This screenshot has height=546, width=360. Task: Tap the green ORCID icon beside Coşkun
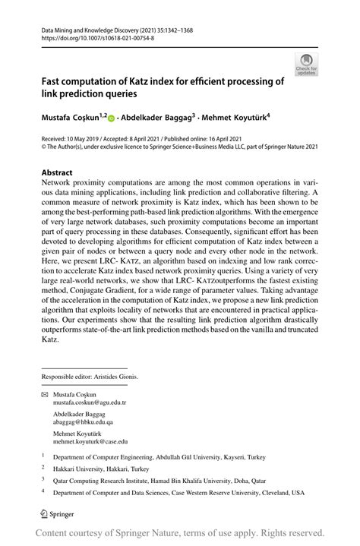(x=112, y=118)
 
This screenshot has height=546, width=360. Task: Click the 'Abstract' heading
(x=57, y=172)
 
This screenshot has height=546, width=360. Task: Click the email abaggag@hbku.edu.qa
(x=82, y=421)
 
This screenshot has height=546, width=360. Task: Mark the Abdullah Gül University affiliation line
(x=163, y=458)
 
